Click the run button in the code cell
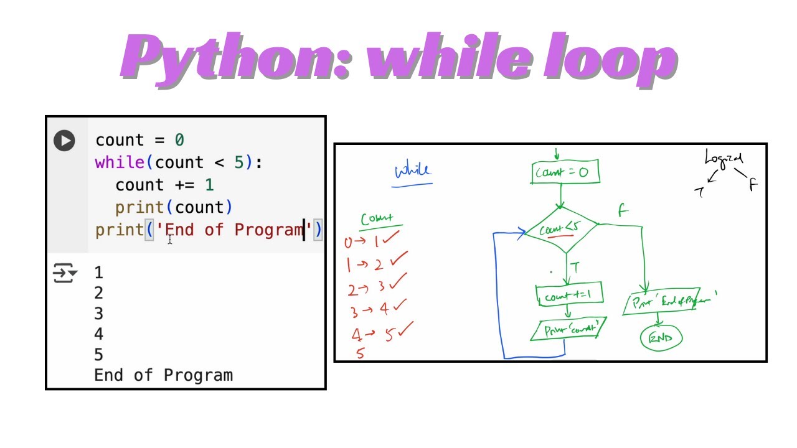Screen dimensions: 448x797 (x=64, y=140)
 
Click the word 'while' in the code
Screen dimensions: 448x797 (x=120, y=163)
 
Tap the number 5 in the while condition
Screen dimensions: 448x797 (x=239, y=163)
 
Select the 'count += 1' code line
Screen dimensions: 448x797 (x=164, y=185)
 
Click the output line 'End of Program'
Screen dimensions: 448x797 (x=163, y=375)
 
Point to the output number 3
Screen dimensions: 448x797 (x=98, y=314)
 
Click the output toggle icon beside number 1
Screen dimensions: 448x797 (x=65, y=273)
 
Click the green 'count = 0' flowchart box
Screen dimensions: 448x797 (x=565, y=172)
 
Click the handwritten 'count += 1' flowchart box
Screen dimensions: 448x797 (x=568, y=296)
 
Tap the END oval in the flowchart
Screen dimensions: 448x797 (x=661, y=338)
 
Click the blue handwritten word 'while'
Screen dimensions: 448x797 (x=412, y=170)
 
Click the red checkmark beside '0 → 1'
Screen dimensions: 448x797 (x=390, y=239)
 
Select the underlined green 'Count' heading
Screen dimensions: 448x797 (x=377, y=219)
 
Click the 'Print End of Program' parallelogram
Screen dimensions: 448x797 (x=669, y=302)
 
